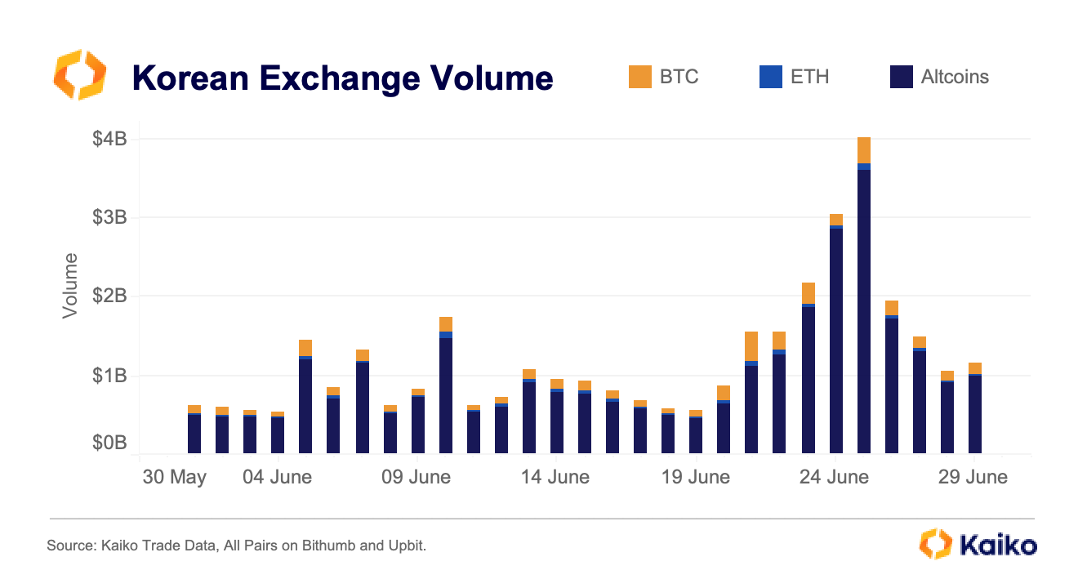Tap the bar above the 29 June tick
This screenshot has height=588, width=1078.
975,412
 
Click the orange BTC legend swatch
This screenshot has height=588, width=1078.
640,77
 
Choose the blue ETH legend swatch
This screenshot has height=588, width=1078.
770,77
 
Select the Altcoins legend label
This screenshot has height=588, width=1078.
955,77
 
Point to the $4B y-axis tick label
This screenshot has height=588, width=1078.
109,139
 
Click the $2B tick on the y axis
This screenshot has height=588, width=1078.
109,296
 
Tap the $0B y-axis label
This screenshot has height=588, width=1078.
109,443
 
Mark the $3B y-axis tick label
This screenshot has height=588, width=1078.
109,217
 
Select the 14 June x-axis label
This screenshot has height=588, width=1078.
555,477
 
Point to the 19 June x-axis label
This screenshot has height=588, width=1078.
696,477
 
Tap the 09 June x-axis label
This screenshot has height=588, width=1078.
416,477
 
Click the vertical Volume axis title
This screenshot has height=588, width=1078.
71,286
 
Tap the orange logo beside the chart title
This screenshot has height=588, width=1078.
80,75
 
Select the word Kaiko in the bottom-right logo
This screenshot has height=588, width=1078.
998,545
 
